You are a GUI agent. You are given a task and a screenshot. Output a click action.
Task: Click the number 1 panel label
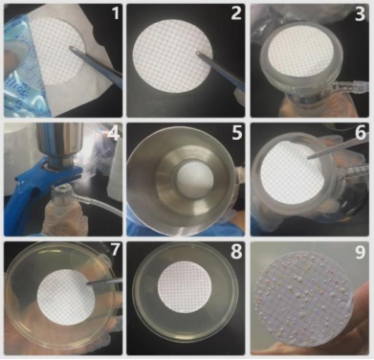pyautogui.click(x=115, y=13)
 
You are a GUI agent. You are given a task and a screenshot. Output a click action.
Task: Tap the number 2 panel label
pyautogui.click(x=236, y=13)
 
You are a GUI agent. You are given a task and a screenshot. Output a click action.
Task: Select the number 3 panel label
pyautogui.click(x=360, y=14)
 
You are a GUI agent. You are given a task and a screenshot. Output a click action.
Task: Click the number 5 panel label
pyautogui.click(x=236, y=133)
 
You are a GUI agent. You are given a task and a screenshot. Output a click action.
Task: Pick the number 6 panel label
pyautogui.click(x=361, y=133)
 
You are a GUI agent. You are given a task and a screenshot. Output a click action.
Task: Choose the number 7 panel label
pyautogui.click(x=115, y=250)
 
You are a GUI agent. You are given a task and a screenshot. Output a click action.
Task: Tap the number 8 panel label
pyautogui.click(x=236, y=251)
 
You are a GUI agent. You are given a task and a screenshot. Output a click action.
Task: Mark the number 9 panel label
pyautogui.click(x=361, y=252)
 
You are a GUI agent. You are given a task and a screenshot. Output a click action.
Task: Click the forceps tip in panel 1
pyautogui.click(x=71, y=48)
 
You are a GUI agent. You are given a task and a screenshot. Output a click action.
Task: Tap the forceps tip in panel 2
pyautogui.click(x=198, y=54)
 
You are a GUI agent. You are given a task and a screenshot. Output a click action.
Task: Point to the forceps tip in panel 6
pyautogui.click(x=309, y=156)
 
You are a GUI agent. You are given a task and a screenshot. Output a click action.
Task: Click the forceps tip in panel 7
pyautogui.click(x=88, y=282)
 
